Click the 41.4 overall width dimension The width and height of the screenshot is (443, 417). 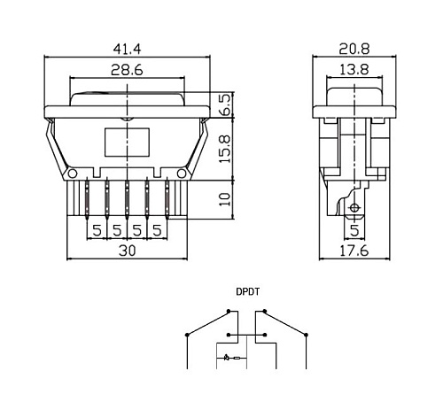pos(128,49)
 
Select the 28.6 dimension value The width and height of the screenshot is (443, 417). pos(127,70)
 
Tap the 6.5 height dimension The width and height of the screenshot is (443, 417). pos(225,104)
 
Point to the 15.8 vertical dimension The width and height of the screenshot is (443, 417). pos(225,149)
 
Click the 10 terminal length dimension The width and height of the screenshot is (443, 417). pos(225,199)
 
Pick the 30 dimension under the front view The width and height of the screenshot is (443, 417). pos(128,251)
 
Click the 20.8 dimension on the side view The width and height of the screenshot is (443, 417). pos(354,49)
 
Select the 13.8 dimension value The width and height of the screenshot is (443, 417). pos(354,70)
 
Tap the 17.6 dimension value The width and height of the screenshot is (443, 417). pos(354,251)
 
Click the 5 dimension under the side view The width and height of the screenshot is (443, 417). pos(354,230)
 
